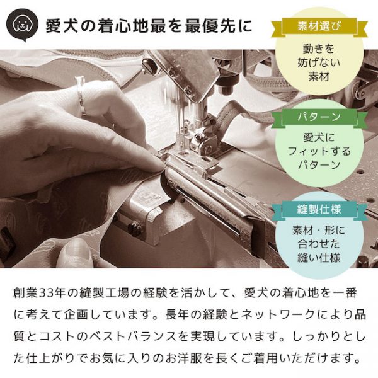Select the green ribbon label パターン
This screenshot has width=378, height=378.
[x=319, y=118]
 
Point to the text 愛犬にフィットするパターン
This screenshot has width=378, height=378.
[x=319, y=152]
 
